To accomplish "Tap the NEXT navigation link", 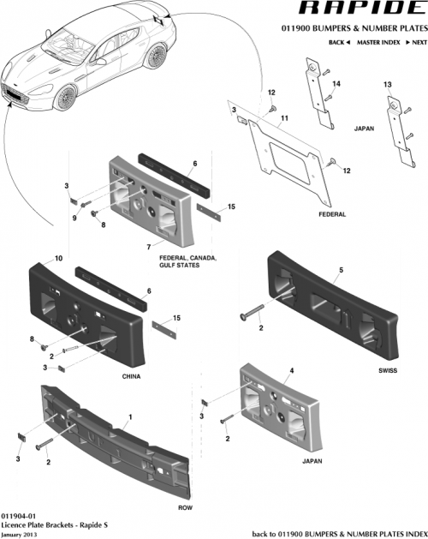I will tap(410, 41).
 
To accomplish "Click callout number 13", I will tap(387, 85).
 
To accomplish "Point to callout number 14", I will tap(336, 83).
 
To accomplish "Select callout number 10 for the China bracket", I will tap(59, 257).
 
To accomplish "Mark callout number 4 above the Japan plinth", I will tap(291, 370).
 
